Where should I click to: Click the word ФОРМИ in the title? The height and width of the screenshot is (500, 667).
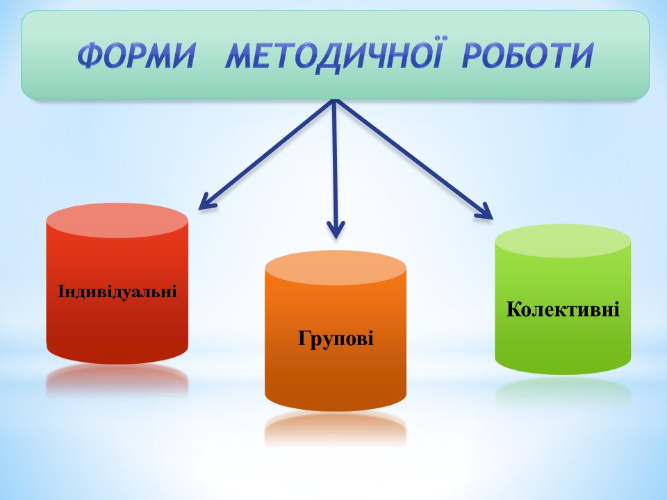coord(136,56)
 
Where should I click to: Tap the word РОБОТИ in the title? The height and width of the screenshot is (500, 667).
coord(528,56)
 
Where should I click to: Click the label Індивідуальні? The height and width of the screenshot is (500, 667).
coord(117,291)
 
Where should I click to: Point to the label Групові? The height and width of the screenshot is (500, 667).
coord(336,339)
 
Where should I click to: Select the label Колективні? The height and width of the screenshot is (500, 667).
coord(563,309)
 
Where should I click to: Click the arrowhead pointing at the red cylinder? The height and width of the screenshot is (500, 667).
coord(208,201)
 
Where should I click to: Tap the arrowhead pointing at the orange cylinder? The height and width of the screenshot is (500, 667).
coord(336,230)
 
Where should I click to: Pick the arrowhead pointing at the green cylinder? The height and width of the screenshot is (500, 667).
coord(484,211)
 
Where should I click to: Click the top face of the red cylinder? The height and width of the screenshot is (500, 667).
coord(117,220)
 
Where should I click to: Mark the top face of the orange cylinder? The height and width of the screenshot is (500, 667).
coord(336,268)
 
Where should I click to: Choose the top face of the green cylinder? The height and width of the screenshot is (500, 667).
coord(563,241)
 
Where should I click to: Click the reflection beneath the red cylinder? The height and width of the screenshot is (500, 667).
coord(117,380)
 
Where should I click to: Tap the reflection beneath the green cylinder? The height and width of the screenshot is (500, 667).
coord(563,390)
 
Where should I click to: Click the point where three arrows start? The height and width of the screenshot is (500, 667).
coord(335,101)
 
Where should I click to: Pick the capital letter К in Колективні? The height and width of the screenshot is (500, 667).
coord(514,309)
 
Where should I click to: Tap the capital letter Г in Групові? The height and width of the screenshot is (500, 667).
coord(304,337)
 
